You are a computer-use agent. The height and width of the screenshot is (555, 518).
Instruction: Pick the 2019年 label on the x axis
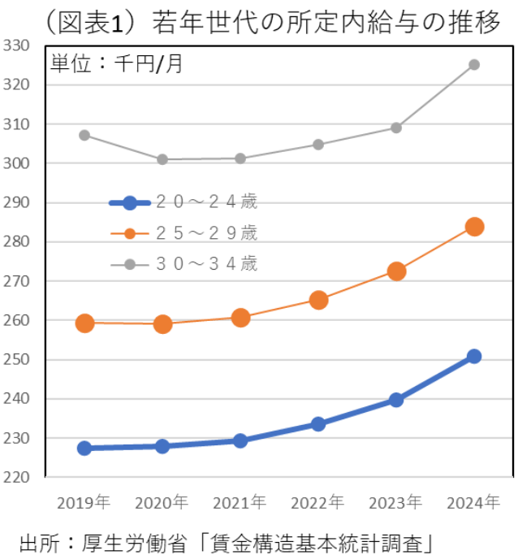(84, 502)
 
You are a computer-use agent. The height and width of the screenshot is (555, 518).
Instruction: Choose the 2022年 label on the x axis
(318, 502)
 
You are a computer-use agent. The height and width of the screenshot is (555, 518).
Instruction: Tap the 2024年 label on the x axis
(474, 502)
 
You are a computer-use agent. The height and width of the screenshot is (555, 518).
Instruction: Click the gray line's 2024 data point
(474, 65)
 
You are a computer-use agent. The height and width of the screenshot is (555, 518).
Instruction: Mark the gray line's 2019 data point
(84, 135)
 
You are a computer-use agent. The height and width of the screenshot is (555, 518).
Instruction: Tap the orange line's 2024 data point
(475, 227)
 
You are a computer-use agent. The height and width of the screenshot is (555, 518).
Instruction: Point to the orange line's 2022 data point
(318, 300)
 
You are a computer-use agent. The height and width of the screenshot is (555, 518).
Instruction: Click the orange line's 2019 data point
(84, 323)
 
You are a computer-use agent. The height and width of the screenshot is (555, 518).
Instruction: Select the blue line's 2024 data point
(474, 356)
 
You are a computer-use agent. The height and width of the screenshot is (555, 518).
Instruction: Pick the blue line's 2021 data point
(240, 440)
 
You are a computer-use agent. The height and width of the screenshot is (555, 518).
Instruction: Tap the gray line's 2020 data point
(162, 159)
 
